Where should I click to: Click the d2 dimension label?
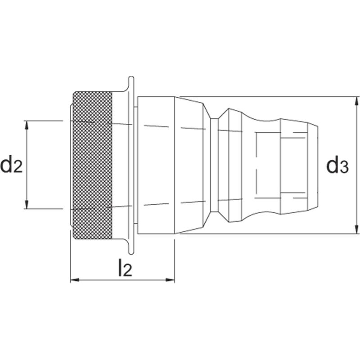(12, 164)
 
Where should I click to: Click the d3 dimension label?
(337, 164)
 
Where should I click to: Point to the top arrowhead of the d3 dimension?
(356, 101)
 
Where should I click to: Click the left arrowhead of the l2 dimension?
(75, 280)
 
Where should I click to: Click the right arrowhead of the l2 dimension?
(170, 280)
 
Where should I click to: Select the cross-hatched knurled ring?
(92, 165)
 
